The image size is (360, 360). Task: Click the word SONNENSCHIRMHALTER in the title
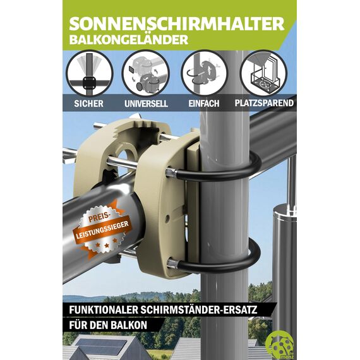click(x=177, y=24)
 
